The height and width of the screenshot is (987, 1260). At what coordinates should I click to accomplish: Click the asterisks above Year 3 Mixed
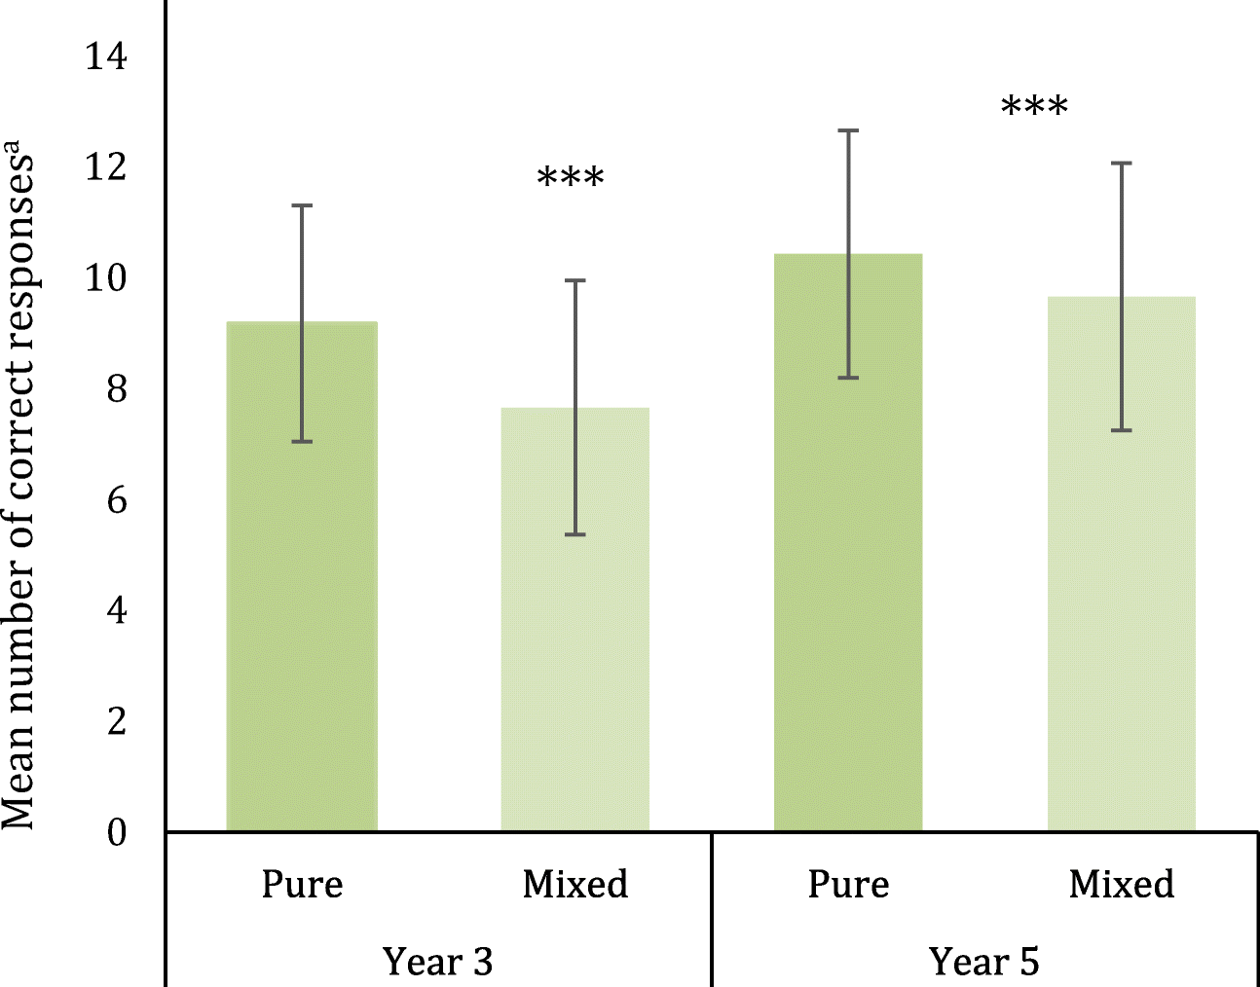pos(571,179)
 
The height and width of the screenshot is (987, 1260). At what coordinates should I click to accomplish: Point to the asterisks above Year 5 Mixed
pos(1034,107)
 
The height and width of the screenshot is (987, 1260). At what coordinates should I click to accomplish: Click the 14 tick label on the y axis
pos(105,56)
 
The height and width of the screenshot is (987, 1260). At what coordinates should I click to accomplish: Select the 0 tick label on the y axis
pos(117,832)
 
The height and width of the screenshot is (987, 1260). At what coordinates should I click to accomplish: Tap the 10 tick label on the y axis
pos(105,278)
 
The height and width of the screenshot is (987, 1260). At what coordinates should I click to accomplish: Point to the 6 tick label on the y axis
pos(117,500)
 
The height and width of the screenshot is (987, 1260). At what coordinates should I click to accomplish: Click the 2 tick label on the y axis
pos(117,721)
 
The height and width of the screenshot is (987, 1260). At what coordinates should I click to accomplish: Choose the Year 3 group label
pos(438,962)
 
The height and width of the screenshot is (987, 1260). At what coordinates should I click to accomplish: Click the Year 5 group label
pos(984,962)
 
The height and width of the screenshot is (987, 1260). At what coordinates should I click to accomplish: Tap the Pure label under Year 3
pos(302,885)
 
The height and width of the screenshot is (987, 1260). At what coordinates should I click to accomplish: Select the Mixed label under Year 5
pos(1122,885)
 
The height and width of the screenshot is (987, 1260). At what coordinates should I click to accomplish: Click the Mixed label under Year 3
pos(574,885)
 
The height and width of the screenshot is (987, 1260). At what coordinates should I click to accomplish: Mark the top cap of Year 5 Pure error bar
pos(848,130)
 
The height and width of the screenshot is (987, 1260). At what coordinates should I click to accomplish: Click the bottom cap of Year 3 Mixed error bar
pos(574,534)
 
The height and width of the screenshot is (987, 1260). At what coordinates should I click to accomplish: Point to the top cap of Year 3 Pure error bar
pos(302,205)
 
